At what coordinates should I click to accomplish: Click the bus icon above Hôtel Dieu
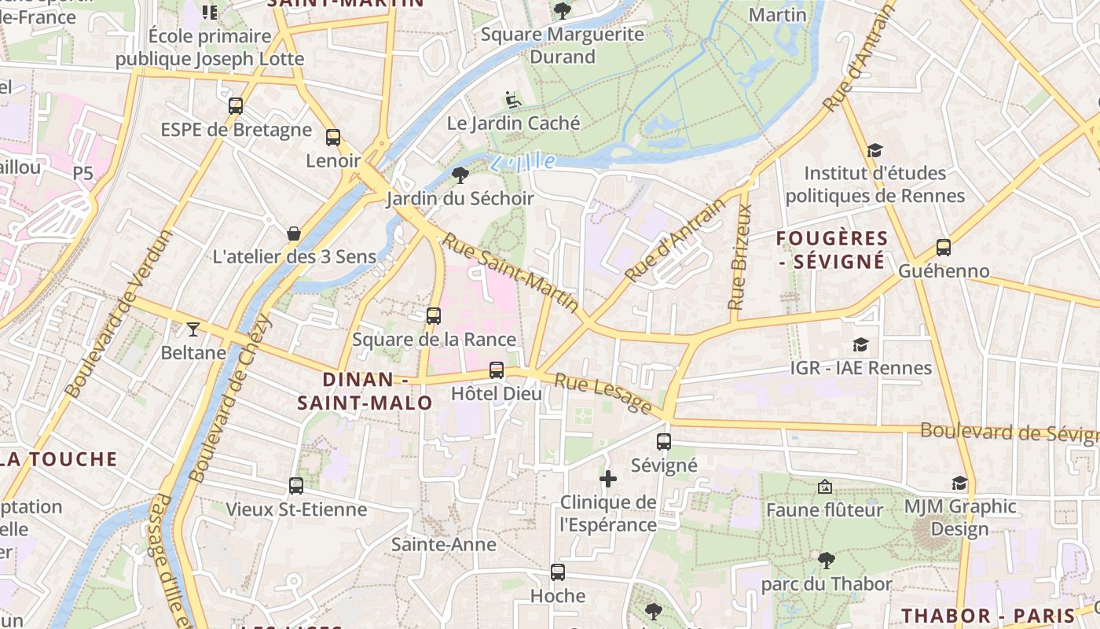[x=496, y=370]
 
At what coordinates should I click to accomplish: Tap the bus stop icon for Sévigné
[x=664, y=442]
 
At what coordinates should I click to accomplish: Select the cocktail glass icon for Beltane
[x=193, y=329]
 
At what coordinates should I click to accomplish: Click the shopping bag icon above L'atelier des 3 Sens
[x=294, y=234]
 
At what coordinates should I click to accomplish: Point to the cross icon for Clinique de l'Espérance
[x=607, y=478]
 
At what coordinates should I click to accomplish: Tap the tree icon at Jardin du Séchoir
[x=460, y=175]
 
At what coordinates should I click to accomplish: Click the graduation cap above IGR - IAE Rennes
[x=860, y=344]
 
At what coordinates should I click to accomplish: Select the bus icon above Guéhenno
[x=943, y=247]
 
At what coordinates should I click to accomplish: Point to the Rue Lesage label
[x=603, y=394]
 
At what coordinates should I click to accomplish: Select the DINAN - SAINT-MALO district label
[x=365, y=391]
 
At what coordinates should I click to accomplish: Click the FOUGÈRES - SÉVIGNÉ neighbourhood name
[x=832, y=249]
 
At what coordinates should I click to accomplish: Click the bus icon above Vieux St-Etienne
[x=296, y=486]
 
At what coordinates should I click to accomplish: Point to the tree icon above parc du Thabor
[x=826, y=560]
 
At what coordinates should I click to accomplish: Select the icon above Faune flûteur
[x=824, y=487]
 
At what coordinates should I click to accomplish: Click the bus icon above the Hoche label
[x=558, y=572]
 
